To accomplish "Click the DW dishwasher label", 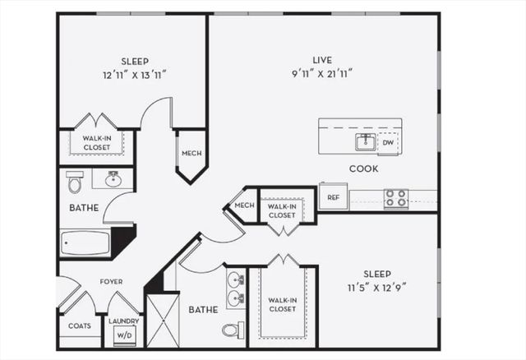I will tap(388, 143).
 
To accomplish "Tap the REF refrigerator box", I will tap(333, 197).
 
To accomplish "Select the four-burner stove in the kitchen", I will tap(396, 198).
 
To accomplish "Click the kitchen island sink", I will tap(366, 142).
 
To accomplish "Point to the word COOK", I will tap(363, 168).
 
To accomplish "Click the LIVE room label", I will tap(321, 59).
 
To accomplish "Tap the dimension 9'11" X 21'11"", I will tap(321, 73).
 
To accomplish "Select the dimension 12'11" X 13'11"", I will tap(135, 74).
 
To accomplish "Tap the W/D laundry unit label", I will tap(123, 335).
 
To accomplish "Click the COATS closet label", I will tap(80, 326).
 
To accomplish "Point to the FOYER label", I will tap(111, 282).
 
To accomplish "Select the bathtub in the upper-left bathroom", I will tap(85, 243).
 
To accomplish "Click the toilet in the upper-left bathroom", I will tap(75, 181).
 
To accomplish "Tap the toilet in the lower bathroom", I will tap(233, 330).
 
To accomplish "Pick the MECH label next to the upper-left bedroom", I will tap(191, 154).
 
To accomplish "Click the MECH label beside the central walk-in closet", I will tap(244, 205).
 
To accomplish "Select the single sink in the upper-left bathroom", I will tap(113, 178).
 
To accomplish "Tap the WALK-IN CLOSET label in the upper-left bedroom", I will tap(96, 142).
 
